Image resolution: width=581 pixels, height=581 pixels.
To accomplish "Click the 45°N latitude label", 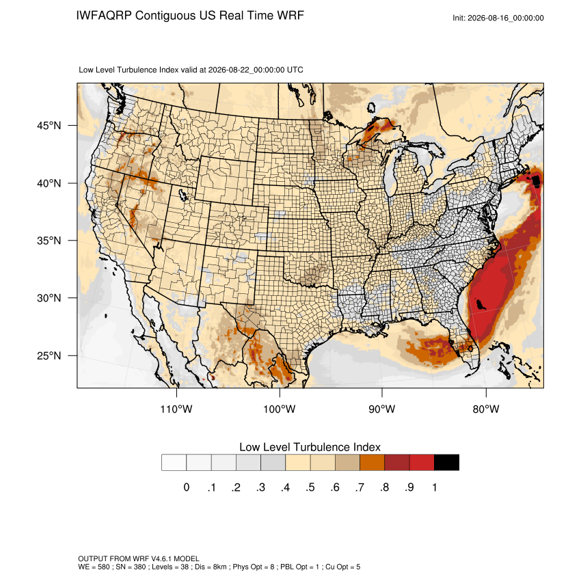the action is pos(49,126).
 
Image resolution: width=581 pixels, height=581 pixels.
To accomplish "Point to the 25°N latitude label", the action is pos(49,355).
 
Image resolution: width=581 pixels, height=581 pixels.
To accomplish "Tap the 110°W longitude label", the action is pos(176,409).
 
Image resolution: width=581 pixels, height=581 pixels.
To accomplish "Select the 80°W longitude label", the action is pos(486,409).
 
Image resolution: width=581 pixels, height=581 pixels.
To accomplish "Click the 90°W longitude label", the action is pos(381,409).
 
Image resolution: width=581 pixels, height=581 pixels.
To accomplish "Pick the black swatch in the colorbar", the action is pos(446,463).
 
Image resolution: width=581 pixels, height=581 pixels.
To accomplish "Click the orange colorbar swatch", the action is pos(372,463).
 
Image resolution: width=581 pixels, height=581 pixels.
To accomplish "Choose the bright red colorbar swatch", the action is pos(422,463).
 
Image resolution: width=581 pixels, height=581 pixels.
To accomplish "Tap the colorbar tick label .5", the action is pos(310,487).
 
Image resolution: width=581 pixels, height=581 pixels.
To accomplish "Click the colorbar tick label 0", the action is pos(187,487).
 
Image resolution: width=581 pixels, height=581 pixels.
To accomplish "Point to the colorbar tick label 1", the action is pos(434,487).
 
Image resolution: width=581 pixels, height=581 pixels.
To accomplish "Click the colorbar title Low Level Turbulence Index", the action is pos(310,447).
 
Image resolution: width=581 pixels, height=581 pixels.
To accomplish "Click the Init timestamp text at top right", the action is pos(498,18).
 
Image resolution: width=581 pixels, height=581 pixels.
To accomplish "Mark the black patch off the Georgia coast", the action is pos(481,305).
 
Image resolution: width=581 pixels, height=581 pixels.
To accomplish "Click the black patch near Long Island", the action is pos(536,182).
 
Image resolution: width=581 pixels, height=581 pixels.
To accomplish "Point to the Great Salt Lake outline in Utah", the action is pos(183,194).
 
